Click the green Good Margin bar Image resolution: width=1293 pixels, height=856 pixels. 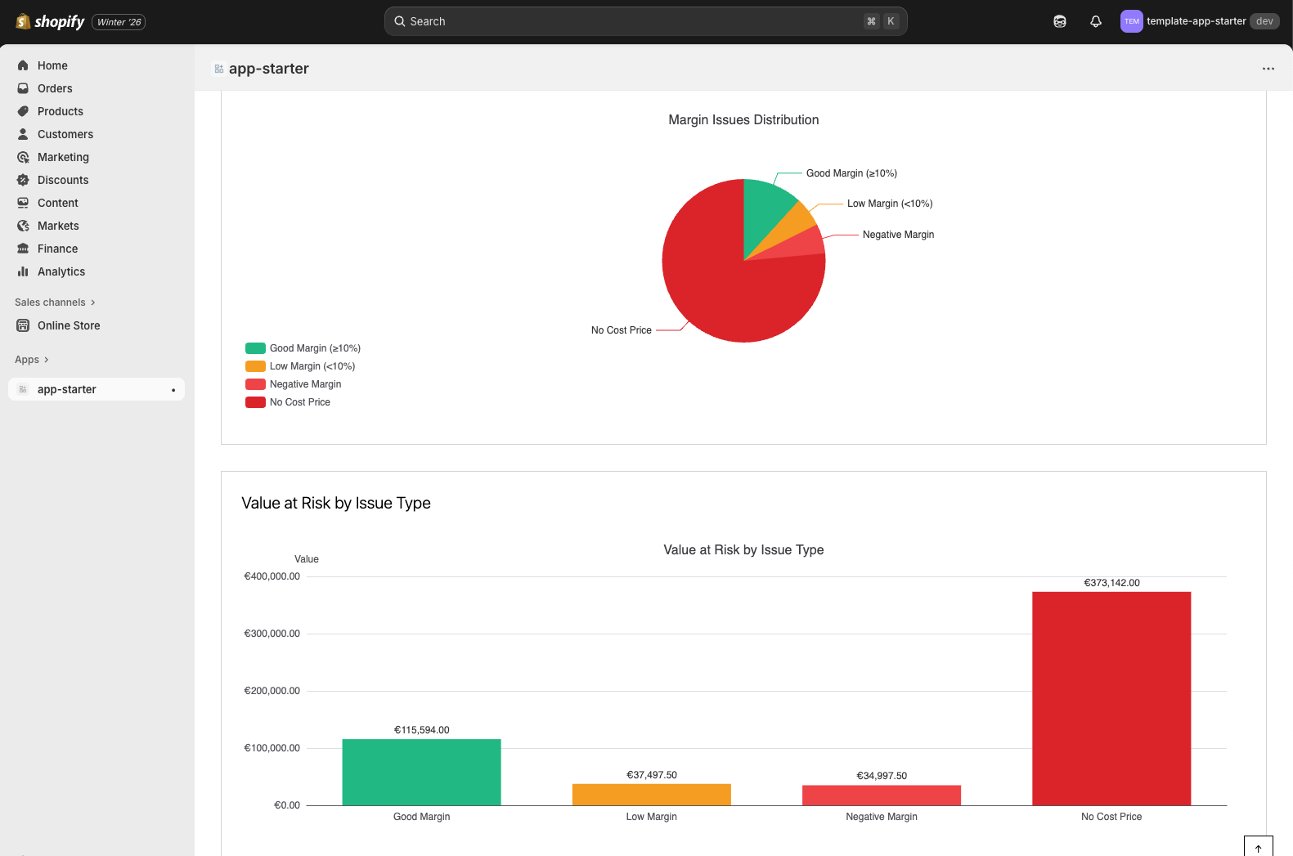tap(421, 772)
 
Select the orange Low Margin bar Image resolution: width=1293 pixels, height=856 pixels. tap(651, 795)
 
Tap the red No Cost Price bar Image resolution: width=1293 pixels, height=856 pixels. tap(1111, 698)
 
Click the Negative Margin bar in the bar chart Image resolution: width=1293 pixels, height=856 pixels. tap(881, 795)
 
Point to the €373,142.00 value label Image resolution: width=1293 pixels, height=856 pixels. tap(1111, 583)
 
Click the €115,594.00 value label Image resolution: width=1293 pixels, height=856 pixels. tap(421, 730)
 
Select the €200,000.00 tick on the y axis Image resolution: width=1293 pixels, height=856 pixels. tap(272, 691)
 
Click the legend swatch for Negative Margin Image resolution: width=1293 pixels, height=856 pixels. tap(255, 384)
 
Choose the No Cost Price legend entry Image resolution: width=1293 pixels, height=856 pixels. tap(299, 402)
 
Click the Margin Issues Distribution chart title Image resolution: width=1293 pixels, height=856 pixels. tap(743, 120)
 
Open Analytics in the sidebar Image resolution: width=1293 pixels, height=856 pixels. tap(61, 271)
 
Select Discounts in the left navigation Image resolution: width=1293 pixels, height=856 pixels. tap(62, 180)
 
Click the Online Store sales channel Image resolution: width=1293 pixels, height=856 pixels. tap(68, 325)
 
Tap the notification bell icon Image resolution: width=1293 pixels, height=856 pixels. tap(1095, 21)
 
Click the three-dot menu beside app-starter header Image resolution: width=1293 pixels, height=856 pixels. tap(1268, 69)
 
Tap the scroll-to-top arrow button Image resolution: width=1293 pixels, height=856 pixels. tap(1258, 848)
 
